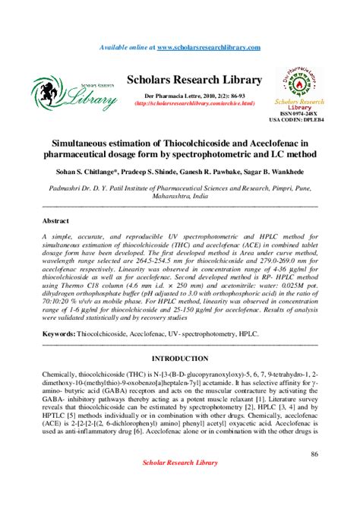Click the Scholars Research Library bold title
(194, 80)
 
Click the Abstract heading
(55, 220)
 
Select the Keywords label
(58, 334)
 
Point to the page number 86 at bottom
(314, 454)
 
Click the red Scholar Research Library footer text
(179, 483)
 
